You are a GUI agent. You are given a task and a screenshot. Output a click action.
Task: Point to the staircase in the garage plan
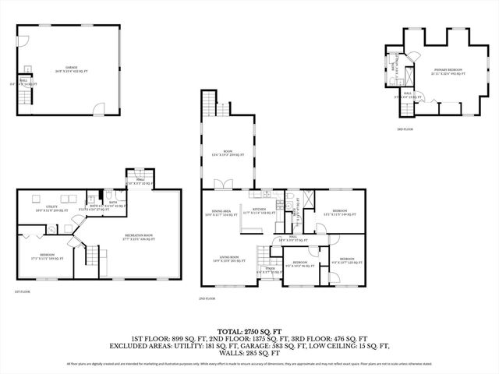pos(26,97)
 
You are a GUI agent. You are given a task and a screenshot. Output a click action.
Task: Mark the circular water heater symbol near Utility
pos(51,228)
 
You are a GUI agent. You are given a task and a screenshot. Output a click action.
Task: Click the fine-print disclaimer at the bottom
pos(249,363)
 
